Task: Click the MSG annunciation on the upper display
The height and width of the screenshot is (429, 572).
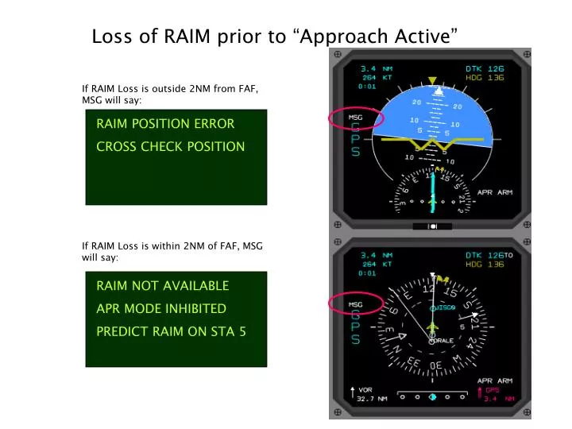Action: click(356, 118)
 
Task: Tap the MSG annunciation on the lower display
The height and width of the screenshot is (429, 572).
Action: click(356, 303)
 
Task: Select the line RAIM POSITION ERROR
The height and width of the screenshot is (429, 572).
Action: click(165, 124)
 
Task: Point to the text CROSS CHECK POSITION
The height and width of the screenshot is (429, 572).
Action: click(170, 146)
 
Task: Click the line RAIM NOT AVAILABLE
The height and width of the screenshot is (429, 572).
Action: click(162, 286)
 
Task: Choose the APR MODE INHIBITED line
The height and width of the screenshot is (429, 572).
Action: click(161, 308)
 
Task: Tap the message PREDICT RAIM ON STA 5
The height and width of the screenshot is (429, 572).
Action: click(171, 331)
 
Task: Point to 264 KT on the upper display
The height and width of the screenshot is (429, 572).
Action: click(375, 78)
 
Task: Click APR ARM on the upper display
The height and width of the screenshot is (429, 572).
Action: click(494, 191)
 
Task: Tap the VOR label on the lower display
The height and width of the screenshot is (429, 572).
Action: click(365, 389)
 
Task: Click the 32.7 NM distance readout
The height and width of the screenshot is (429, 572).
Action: click(372, 399)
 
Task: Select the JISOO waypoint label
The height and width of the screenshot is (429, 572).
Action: click(445, 307)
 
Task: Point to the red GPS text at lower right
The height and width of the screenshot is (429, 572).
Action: click(493, 389)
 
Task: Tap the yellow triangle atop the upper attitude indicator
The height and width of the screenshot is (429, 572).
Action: click(433, 81)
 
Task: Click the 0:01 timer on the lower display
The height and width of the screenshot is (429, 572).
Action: click(367, 272)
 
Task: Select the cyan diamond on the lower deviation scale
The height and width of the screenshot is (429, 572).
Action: click(432, 396)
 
